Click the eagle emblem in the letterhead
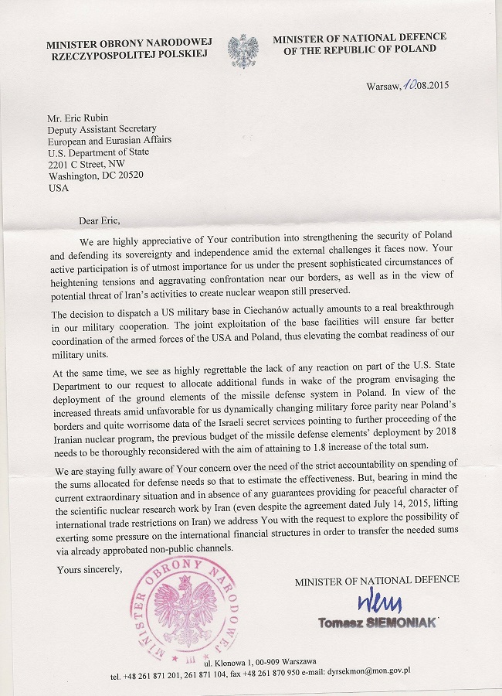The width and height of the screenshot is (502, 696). pyautogui.click(x=243, y=50)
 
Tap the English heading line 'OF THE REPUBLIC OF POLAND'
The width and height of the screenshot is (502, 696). pyautogui.click(x=359, y=49)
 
